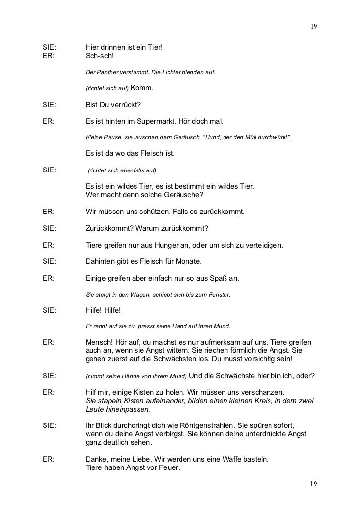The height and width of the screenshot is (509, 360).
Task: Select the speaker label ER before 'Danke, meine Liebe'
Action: click(48, 459)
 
